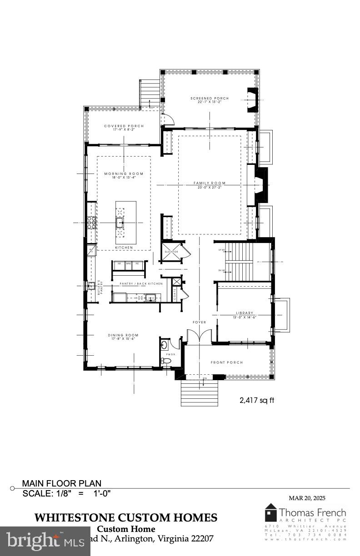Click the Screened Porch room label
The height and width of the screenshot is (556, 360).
click(209, 99)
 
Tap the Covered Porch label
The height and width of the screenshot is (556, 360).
click(124, 126)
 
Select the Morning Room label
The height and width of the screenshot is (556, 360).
click(124, 174)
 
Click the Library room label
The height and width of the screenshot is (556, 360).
click(245, 313)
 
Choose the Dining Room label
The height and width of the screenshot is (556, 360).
click(123, 335)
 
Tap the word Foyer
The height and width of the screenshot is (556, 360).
click(200, 322)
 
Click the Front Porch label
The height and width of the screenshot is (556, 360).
click(227, 362)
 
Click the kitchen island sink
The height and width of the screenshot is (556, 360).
click(120, 222)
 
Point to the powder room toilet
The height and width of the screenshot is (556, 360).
click(167, 361)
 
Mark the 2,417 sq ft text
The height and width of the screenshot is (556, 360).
click(257, 400)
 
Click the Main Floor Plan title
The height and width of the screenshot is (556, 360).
click(62, 483)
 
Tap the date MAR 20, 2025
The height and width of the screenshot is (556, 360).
click(307, 498)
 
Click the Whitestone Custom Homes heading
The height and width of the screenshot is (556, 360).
click(126, 517)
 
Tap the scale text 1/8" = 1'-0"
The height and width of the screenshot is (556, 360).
click(67, 493)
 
